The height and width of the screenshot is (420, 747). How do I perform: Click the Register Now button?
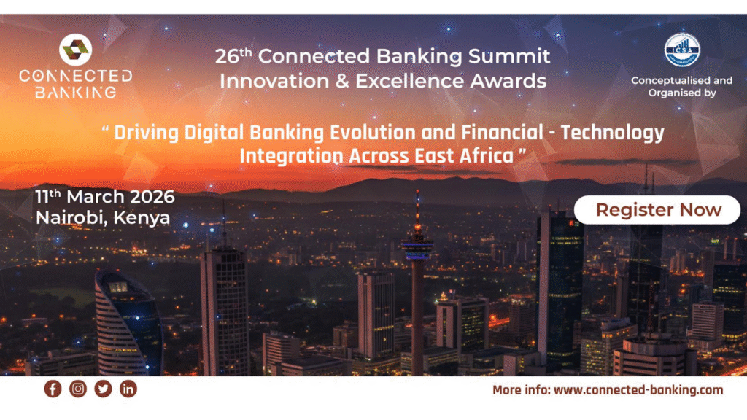click(658, 210)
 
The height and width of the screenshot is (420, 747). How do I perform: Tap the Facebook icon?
click(53, 389)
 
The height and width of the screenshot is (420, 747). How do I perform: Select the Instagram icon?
click(78, 389)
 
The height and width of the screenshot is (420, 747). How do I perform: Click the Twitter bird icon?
click(103, 389)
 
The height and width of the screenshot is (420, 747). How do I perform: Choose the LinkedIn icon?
click(128, 389)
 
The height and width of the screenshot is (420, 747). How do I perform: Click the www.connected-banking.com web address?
click(638, 390)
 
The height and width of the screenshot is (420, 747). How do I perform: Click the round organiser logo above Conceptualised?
click(681, 50)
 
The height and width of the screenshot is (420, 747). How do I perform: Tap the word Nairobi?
click(71, 217)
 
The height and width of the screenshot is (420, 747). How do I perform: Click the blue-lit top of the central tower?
click(417, 248)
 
